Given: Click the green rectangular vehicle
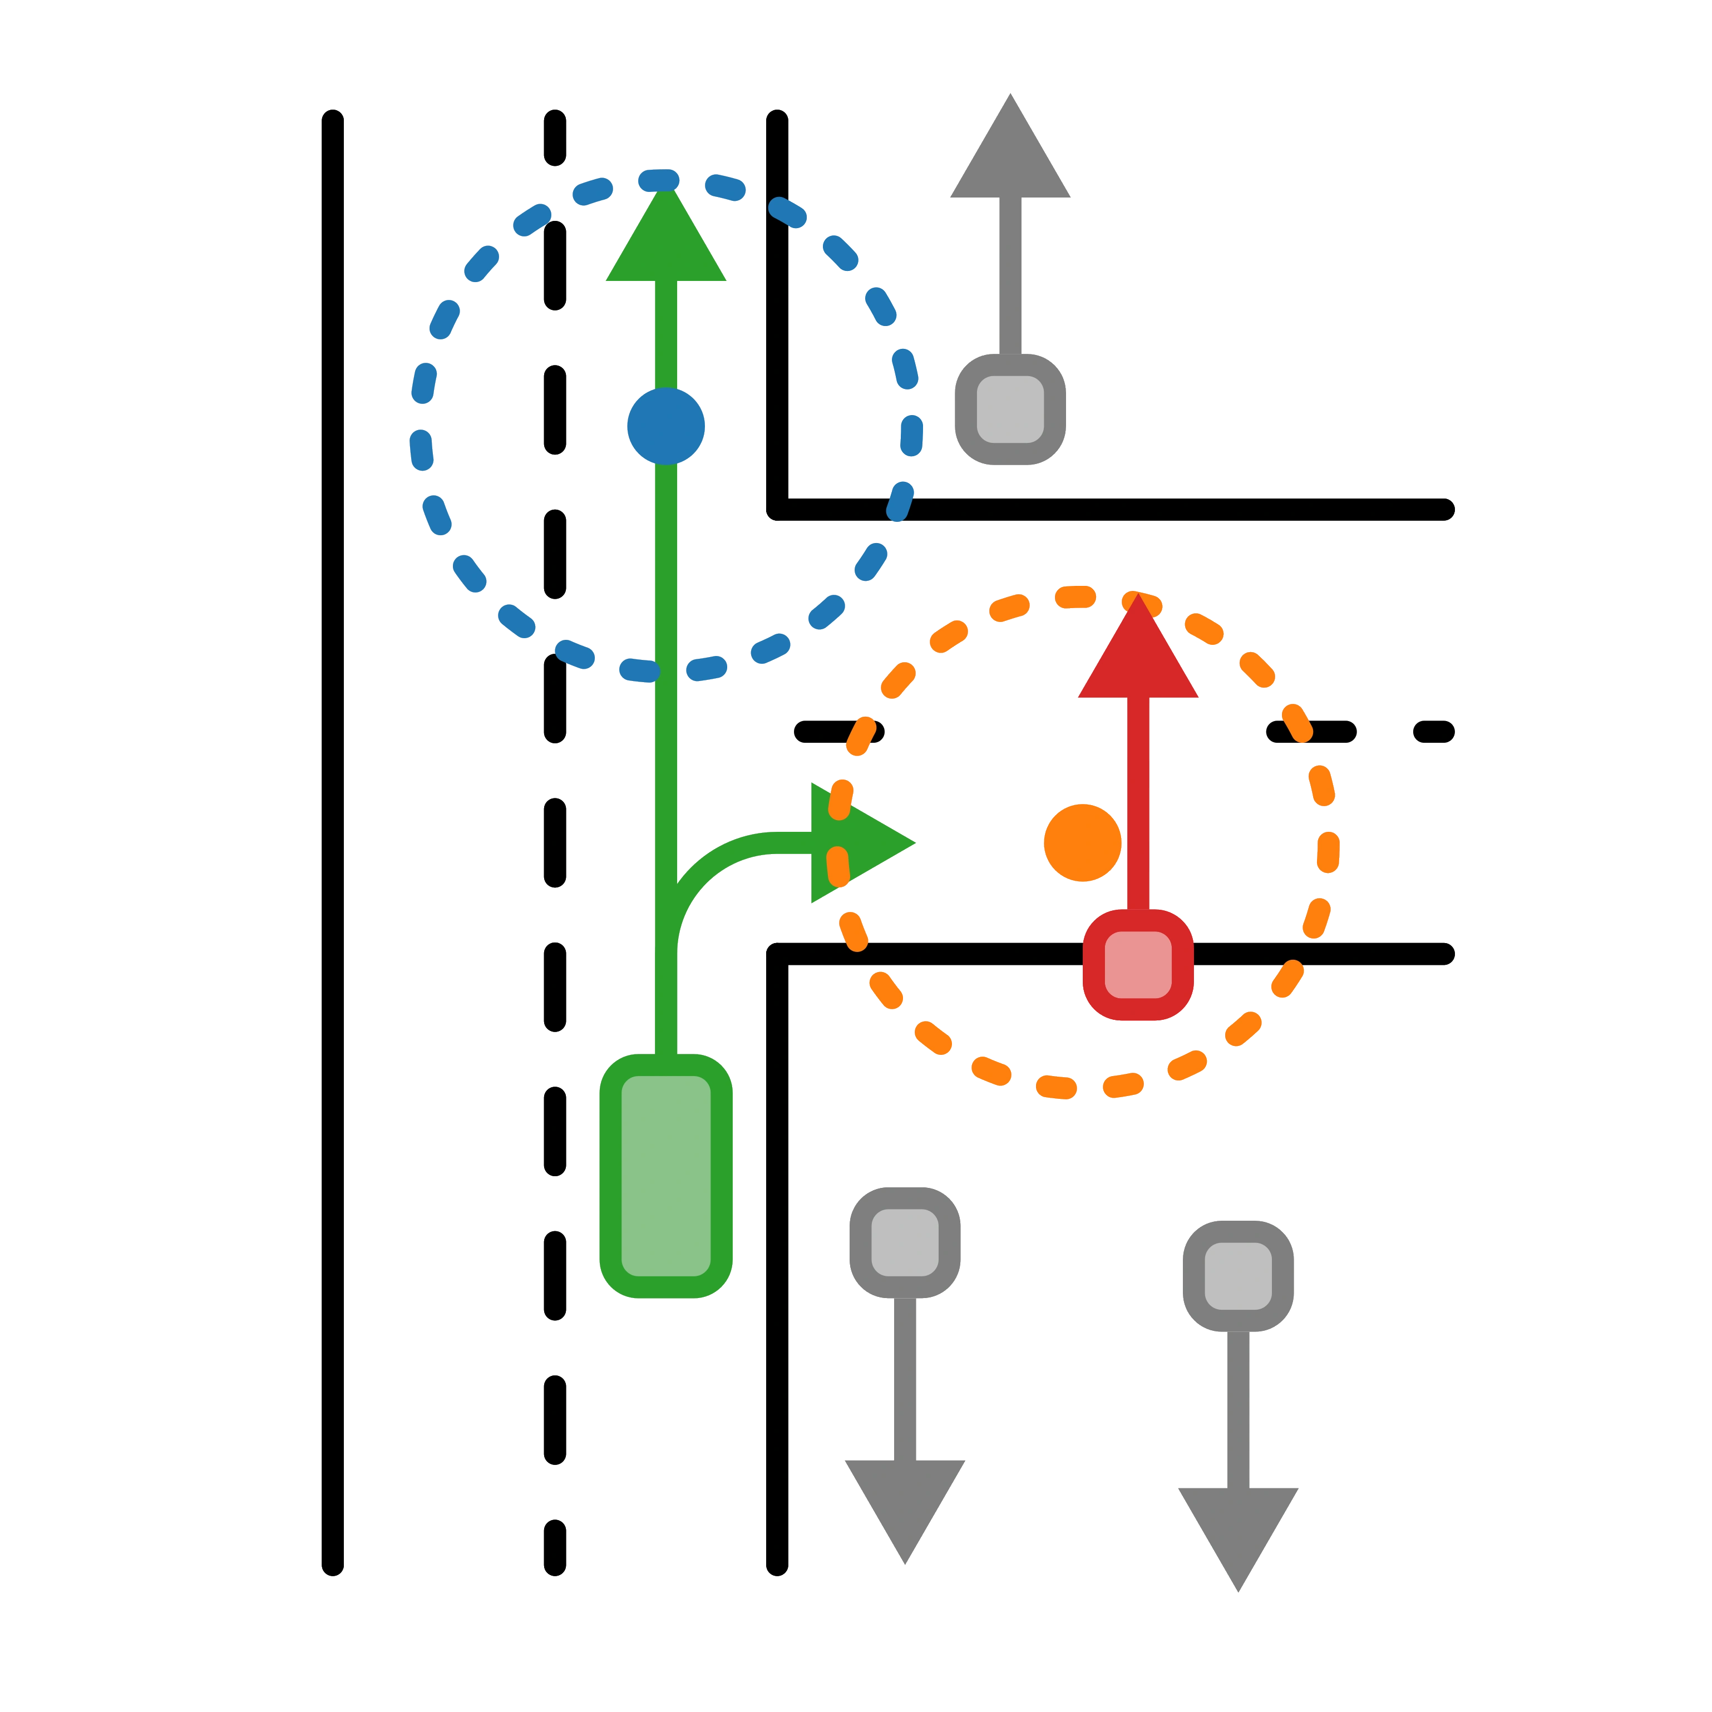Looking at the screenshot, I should (665, 1176).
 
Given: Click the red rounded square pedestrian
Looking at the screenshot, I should (1138, 965).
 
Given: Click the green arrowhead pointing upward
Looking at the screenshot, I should (665, 239).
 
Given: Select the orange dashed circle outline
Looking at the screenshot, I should (1326, 842).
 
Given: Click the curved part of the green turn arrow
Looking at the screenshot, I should (700, 864).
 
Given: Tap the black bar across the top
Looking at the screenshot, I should (856, 45).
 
